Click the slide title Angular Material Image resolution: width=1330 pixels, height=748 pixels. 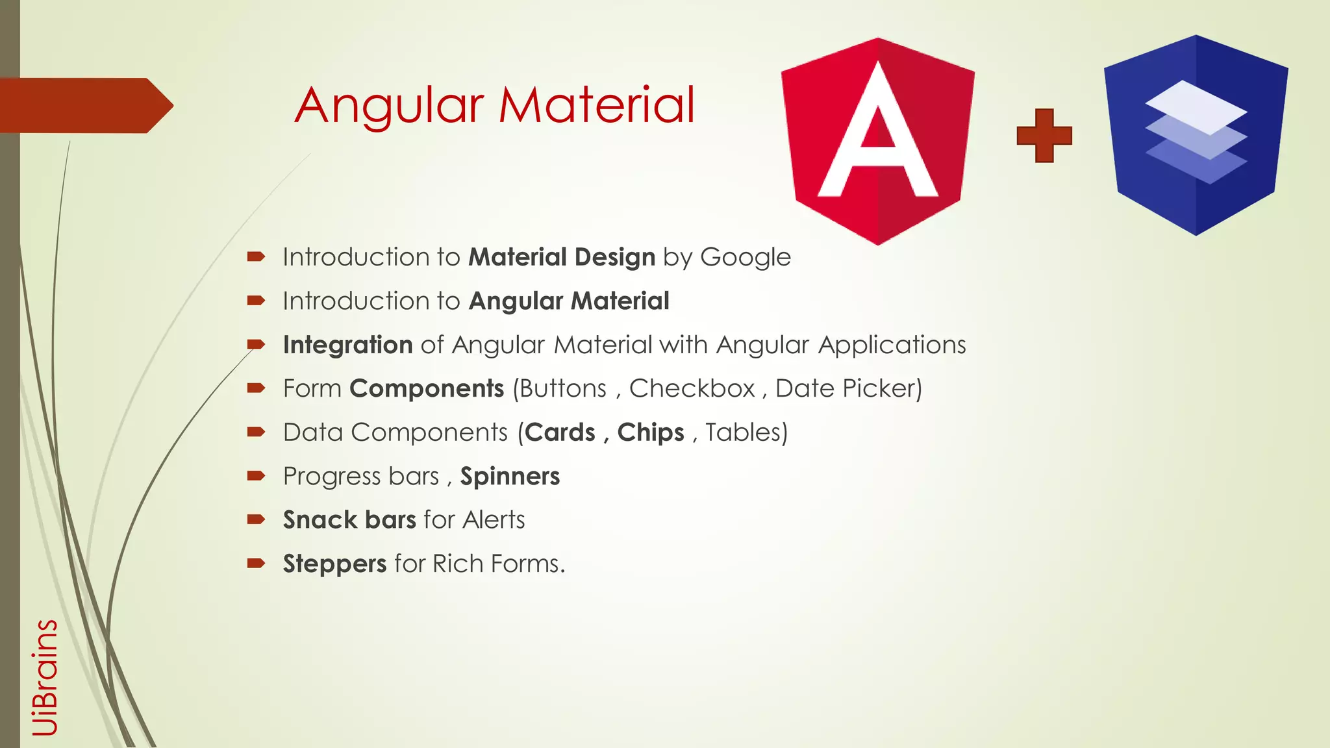pyautogui.click(x=495, y=105)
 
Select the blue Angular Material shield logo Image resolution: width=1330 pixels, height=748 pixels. pyautogui.click(x=1196, y=134)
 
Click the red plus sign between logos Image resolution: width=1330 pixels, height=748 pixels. pyautogui.click(x=1044, y=135)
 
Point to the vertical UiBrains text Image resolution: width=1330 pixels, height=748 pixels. pyautogui.click(x=45, y=677)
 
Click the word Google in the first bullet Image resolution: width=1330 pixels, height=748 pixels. pyautogui.click(x=745, y=257)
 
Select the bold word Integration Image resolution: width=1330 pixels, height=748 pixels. pyautogui.click(x=347, y=345)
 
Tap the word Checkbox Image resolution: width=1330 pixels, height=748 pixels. pyautogui.click(x=692, y=388)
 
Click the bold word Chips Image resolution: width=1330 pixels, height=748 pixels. pyautogui.click(x=650, y=432)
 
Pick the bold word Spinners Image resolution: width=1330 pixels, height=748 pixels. pyautogui.click(x=510, y=477)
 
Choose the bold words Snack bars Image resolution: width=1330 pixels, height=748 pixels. pyautogui.click(x=349, y=520)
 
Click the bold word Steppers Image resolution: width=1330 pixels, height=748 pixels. pyautogui.click(x=334, y=564)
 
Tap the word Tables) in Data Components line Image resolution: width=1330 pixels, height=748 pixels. pyautogui.click(x=746, y=432)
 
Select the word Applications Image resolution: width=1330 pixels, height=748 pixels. pyautogui.click(x=892, y=345)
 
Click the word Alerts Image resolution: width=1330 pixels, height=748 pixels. pyautogui.click(x=494, y=520)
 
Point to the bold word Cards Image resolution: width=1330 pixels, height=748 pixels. pyautogui.click(x=560, y=432)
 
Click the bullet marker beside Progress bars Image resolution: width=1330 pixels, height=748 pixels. pyautogui.click(x=256, y=476)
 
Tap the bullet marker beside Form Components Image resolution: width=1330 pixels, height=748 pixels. pyautogui.click(x=256, y=388)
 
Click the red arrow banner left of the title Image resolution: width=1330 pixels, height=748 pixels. pyautogui.click(x=84, y=105)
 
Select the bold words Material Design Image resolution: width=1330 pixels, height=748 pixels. pyautogui.click(x=562, y=257)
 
